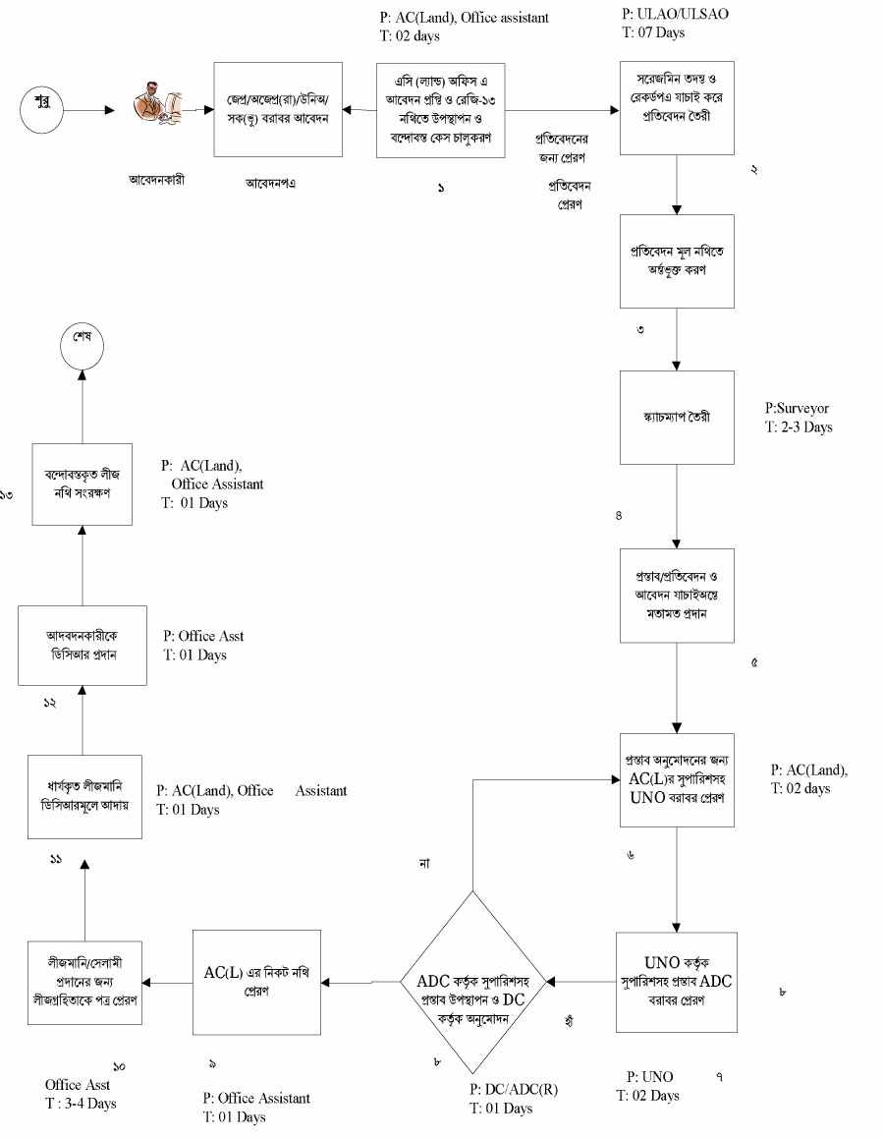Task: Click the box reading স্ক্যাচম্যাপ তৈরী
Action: pos(678,417)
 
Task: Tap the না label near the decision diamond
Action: pos(424,863)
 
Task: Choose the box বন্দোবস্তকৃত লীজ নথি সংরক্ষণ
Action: pos(82,474)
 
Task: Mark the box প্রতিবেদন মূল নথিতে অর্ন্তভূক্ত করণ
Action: pos(678,260)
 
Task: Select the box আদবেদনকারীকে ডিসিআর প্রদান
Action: pos(82,646)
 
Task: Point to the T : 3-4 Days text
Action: pos(81,1103)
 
